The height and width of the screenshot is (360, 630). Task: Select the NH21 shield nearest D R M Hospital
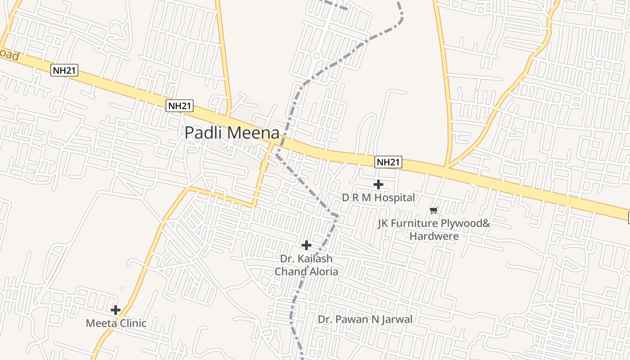point(388,162)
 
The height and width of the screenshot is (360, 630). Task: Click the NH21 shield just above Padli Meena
point(180,106)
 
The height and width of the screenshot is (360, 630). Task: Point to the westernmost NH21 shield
point(65,70)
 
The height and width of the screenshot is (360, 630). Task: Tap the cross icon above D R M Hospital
point(378,184)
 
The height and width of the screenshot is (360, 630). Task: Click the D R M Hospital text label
point(378,198)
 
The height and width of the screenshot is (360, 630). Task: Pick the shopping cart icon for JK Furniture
point(434,210)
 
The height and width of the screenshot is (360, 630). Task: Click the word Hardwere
point(434,236)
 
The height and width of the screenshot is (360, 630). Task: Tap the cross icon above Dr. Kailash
point(306,245)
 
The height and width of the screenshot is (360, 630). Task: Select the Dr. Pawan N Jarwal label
point(365,319)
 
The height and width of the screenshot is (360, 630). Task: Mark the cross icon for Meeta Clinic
point(116,310)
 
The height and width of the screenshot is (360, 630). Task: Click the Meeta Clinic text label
point(116,323)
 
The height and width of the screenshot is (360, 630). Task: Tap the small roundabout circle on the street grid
point(316,56)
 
